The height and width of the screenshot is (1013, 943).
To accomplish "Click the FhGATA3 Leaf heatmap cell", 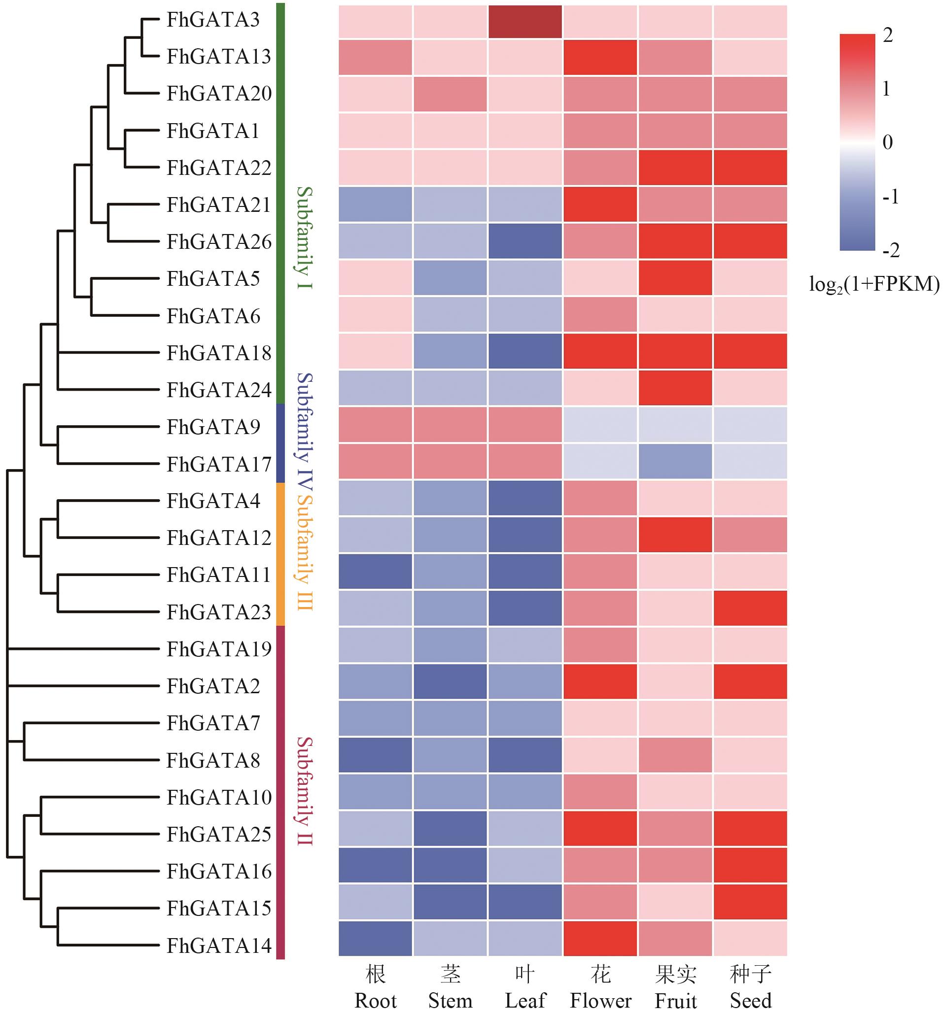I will point(525,21).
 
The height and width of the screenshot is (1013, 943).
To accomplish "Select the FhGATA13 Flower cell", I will point(600,58).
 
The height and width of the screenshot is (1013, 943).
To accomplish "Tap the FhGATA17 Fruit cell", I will point(675,461).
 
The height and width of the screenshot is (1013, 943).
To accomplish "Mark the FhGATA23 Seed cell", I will point(750,608).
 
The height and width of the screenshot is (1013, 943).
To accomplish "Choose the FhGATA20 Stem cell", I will point(450,94).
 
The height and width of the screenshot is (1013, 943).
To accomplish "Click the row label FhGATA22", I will point(219,168).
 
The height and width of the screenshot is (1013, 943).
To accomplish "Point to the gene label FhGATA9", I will point(213,427).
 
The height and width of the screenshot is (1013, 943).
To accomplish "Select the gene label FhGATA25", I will point(219,835).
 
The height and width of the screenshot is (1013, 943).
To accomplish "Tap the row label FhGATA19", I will point(219,649).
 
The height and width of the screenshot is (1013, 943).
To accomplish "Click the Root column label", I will point(375,1001).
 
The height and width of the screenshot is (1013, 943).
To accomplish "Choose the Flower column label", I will point(600,1001).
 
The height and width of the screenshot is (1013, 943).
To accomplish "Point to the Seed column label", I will point(750,1001).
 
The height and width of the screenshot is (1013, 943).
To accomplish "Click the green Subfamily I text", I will point(304,238).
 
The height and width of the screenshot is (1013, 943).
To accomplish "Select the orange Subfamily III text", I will point(304,553).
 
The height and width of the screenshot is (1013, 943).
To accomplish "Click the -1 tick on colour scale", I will point(890,196).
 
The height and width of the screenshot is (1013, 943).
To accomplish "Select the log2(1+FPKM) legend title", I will point(873,284).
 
